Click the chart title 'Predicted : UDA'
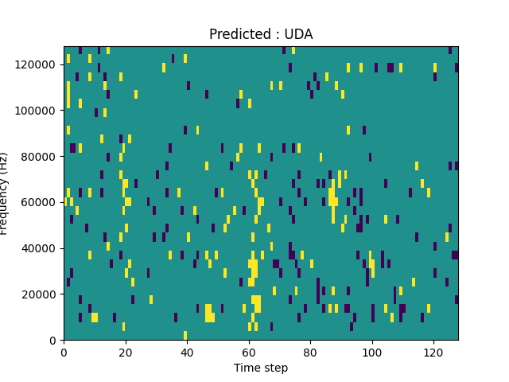(x=261, y=34)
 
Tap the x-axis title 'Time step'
(x=261, y=368)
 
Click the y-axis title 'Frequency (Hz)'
(x=5, y=193)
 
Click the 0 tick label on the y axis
(x=53, y=341)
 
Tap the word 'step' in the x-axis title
(x=275, y=368)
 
